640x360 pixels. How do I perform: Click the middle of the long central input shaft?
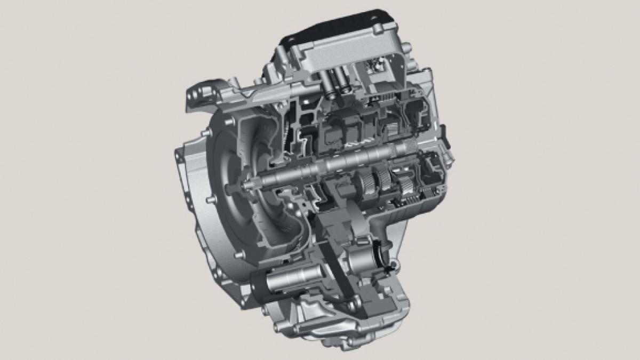click(x=331, y=163)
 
